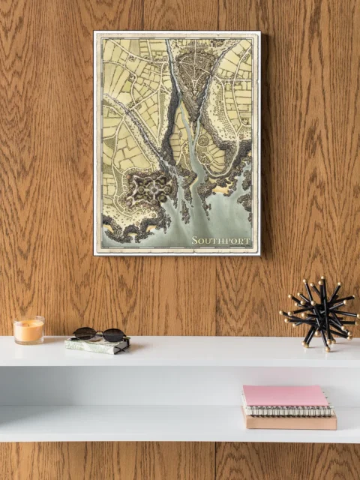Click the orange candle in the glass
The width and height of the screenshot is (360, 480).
tap(28, 332)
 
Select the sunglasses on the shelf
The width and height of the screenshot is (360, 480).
tap(99, 334)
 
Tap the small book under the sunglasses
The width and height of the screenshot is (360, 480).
tap(96, 346)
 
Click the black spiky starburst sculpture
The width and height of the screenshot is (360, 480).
tap(320, 313)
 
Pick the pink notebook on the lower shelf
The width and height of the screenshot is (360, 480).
tap(286, 396)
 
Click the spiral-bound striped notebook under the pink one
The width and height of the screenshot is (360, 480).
tap(289, 410)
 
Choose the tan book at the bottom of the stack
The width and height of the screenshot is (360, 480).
tap(289, 421)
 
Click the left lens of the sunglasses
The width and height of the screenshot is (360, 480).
tap(85, 332)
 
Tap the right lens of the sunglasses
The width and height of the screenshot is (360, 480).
tap(113, 335)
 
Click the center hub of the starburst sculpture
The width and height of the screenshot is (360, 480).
tap(321, 314)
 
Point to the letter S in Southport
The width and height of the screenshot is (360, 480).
tap(195, 241)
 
